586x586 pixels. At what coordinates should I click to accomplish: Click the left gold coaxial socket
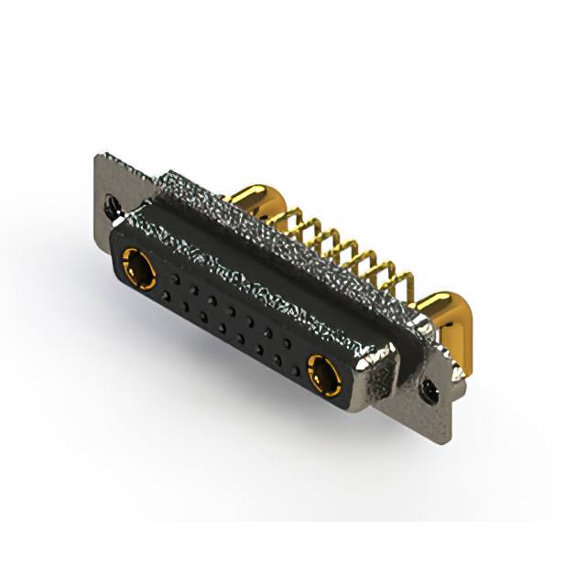tap(137, 267)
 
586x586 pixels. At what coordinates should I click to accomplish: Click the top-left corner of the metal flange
tap(98, 156)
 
